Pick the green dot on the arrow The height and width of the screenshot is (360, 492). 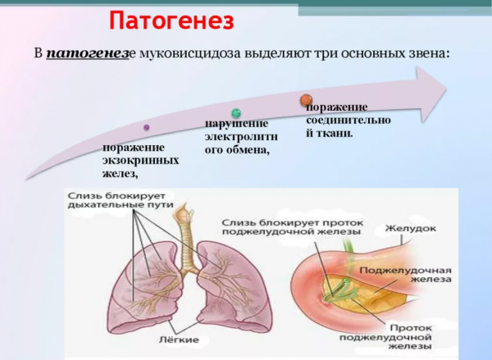[x=235, y=112]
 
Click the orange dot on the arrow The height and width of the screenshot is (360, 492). [x=306, y=99]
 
